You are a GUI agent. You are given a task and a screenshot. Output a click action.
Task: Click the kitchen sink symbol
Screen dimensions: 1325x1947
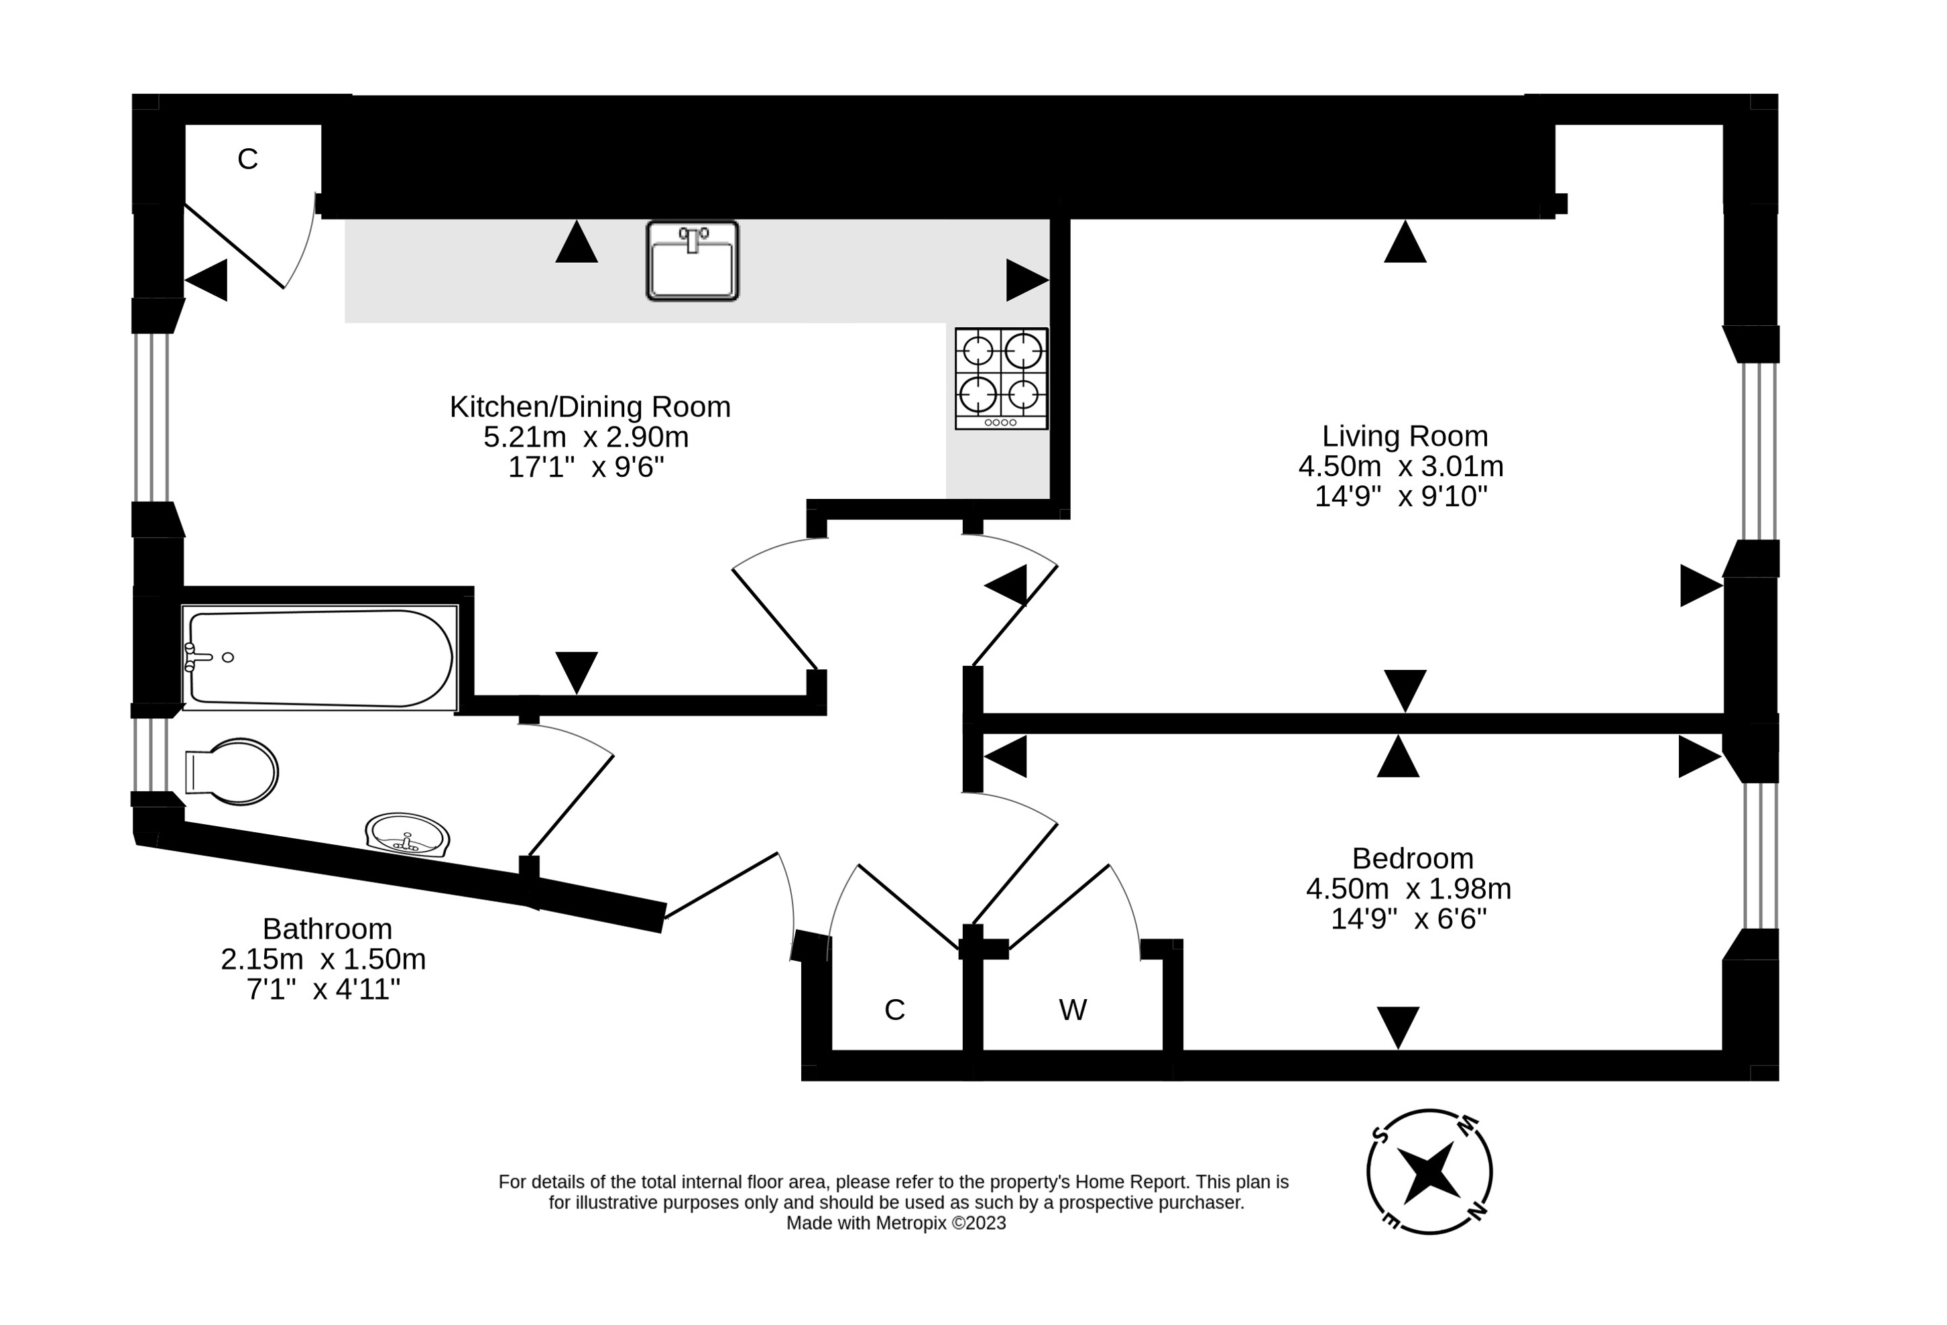coord(692,261)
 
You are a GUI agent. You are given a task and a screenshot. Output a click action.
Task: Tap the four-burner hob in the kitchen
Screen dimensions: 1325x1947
coord(1001,378)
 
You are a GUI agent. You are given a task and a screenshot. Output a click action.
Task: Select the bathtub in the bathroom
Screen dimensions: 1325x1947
coord(320,658)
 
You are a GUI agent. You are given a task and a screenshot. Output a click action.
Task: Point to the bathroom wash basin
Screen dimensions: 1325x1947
coord(407,835)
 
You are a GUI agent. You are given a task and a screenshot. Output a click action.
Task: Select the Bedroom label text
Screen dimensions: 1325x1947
coord(1413,858)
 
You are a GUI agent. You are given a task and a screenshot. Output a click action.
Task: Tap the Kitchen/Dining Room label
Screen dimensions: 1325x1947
coord(590,406)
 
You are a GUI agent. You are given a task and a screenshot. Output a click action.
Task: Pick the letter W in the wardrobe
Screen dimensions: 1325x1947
coord(1072,1011)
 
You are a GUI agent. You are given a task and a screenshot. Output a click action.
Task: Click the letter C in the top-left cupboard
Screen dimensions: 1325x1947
coord(247,159)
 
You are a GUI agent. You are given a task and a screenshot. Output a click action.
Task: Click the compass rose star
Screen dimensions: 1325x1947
coord(1429,1171)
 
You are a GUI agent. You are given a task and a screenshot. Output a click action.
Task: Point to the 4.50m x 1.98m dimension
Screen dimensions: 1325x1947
coord(1409,888)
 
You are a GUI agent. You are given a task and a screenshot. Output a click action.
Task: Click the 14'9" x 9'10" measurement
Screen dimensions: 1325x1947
coord(1401,496)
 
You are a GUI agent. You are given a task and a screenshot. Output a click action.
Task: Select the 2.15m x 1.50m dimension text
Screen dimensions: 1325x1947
coord(323,959)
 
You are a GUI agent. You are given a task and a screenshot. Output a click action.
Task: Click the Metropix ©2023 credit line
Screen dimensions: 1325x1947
coord(896,1223)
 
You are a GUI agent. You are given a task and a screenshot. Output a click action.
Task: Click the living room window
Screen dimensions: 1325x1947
coord(1759,451)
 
